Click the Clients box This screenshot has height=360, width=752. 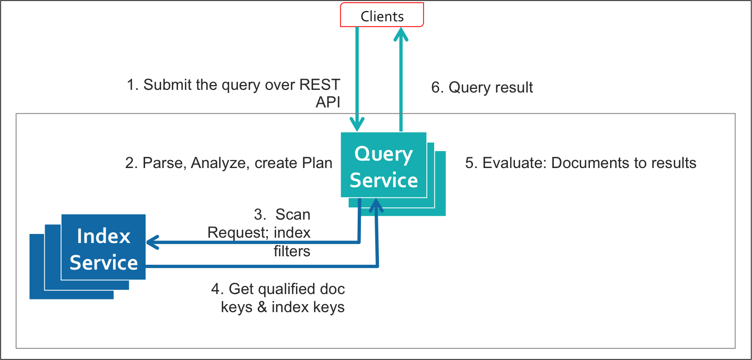click(382, 15)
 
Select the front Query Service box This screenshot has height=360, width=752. click(384, 166)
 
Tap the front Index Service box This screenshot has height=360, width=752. click(104, 248)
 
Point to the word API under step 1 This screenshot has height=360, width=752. click(328, 102)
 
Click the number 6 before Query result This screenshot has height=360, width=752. click(436, 88)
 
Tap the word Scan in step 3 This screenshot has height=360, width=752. click(293, 215)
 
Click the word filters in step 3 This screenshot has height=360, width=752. click(292, 250)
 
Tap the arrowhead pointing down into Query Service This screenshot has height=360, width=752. click(357, 125)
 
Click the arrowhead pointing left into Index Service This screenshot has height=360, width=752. click(153, 242)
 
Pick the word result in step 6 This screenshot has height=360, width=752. click(512, 88)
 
